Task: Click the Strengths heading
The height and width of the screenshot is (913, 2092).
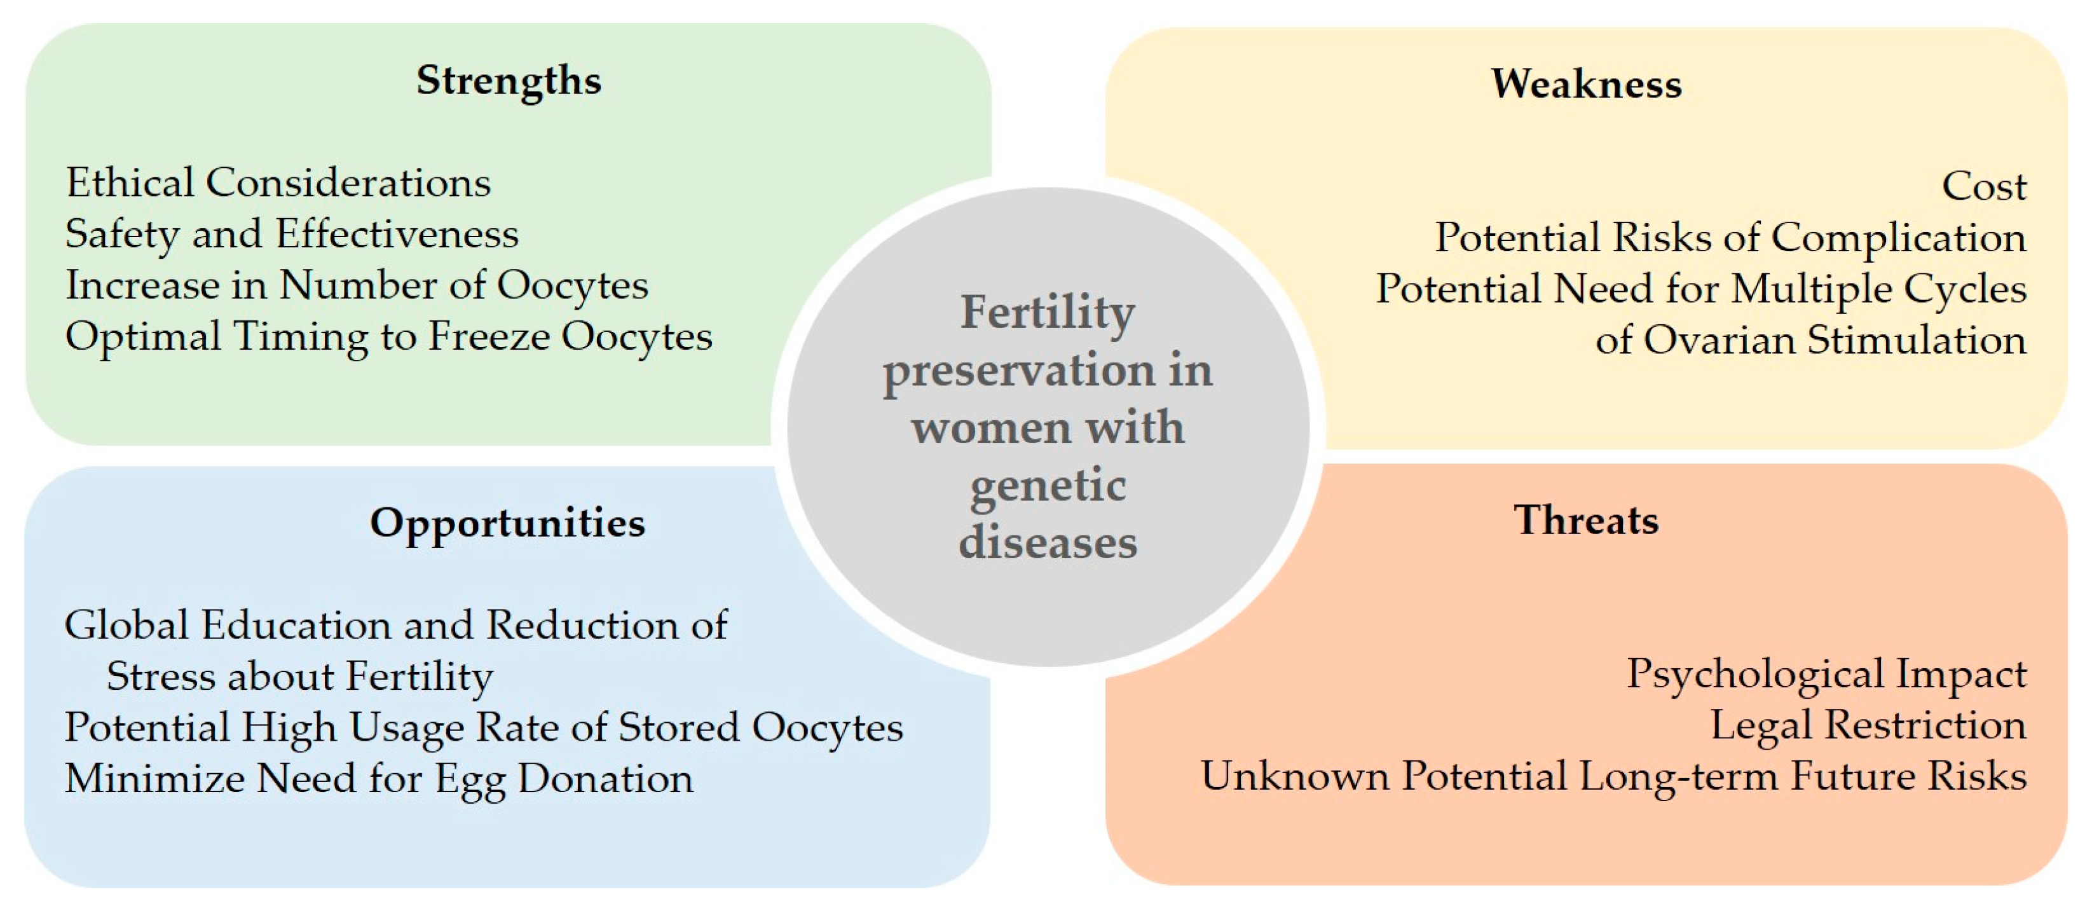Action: (x=509, y=80)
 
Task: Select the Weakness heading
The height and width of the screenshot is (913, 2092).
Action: (x=1585, y=84)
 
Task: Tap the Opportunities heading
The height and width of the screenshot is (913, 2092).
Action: (x=507, y=522)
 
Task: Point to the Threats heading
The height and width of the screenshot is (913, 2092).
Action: (x=1585, y=520)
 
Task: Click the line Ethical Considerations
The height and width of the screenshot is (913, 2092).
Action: (x=278, y=182)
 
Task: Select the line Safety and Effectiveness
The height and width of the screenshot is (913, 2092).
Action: (x=292, y=235)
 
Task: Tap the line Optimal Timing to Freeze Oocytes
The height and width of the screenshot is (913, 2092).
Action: (x=388, y=337)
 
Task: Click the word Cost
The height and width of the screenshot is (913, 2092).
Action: (x=1983, y=187)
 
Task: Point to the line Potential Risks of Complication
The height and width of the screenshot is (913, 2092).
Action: (x=1730, y=238)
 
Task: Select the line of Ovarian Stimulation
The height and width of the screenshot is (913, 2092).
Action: (x=1810, y=340)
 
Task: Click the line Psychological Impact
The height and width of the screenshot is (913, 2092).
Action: (x=1826, y=674)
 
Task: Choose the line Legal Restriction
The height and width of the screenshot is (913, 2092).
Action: (x=1868, y=725)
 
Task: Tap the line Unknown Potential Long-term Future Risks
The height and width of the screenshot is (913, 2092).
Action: (x=1613, y=776)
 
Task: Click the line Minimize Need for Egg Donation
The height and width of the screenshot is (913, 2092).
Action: (x=378, y=779)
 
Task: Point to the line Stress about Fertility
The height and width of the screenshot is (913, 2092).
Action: (x=299, y=676)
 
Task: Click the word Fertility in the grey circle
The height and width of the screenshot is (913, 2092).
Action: (x=1048, y=313)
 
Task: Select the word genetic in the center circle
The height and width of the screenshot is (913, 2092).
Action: (x=1048, y=486)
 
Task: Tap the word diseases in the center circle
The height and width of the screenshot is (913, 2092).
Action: (x=1048, y=542)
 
